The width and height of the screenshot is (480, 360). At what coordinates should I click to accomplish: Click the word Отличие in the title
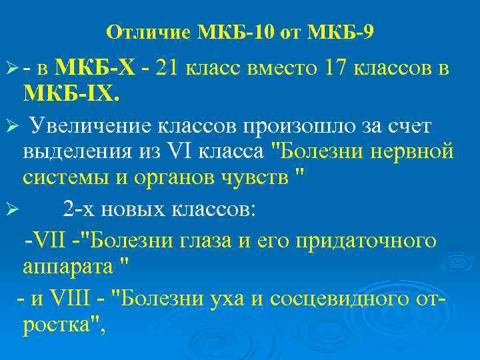click(148, 32)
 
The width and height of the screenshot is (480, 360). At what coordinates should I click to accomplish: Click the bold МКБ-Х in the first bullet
click(95, 67)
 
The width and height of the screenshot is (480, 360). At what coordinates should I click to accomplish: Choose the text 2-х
click(83, 211)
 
